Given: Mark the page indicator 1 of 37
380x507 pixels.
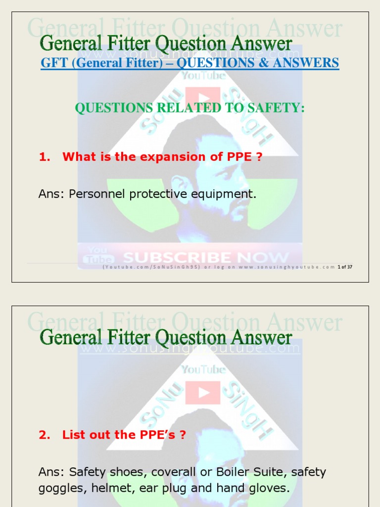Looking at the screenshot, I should click(345, 267).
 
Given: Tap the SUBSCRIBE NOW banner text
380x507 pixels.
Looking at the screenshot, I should click(205, 257).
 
